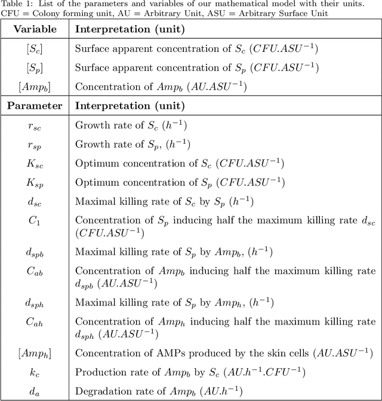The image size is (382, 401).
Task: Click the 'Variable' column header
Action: [x=35, y=29]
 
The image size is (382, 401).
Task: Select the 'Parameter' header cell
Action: [x=35, y=106]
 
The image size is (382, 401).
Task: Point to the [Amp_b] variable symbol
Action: [x=35, y=87]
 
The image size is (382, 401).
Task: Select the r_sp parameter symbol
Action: [x=35, y=144]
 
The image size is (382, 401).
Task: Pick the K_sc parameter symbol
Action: [x=35, y=163]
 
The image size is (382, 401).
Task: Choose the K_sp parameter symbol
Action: [x=35, y=181]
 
